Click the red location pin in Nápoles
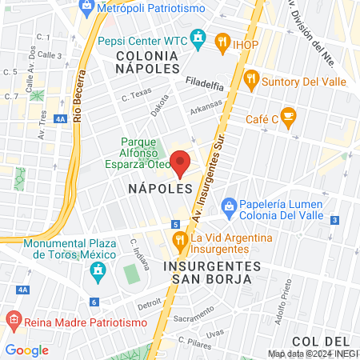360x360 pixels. (182, 162)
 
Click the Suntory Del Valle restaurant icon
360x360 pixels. (252, 78)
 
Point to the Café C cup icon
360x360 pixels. (288, 118)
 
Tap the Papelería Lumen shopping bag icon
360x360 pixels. (229, 206)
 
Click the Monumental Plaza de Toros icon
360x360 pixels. (98, 270)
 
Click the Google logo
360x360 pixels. (27, 350)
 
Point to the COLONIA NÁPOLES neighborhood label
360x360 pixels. (157, 62)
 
